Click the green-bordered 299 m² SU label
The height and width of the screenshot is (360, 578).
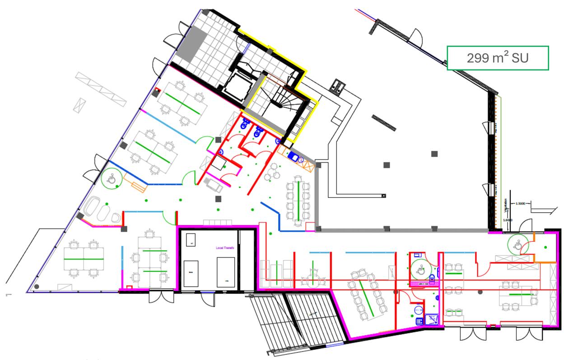click(x=498, y=58)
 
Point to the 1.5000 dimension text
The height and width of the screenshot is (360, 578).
click(x=521, y=203)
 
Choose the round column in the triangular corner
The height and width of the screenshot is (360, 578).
click(x=37, y=286)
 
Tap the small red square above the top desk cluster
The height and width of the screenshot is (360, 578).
click(x=157, y=89)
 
